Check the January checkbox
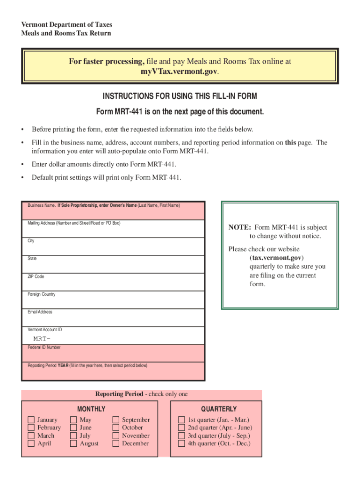pyautogui.click(x=31, y=420)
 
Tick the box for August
pyautogui.click(x=73, y=443)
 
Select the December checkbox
pyautogui.click(x=116, y=443)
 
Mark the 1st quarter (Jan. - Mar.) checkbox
pyautogui.click(x=181, y=420)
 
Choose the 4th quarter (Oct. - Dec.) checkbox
pyautogui.click(x=181, y=443)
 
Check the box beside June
pyautogui.click(x=73, y=428)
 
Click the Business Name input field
pyautogui.click(x=113, y=213)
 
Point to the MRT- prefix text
pyautogui.click(x=41, y=338)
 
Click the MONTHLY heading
pyautogui.click(x=91, y=409)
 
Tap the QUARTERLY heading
pyautogui.click(x=219, y=409)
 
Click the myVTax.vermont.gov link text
pyautogui.click(x=179, y=71)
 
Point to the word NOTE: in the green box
pyautogui.click(x=240, y=227)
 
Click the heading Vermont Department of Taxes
pyautogui.click(x=66, y=24)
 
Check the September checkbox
pyautogui.click(x=116, y=420)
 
